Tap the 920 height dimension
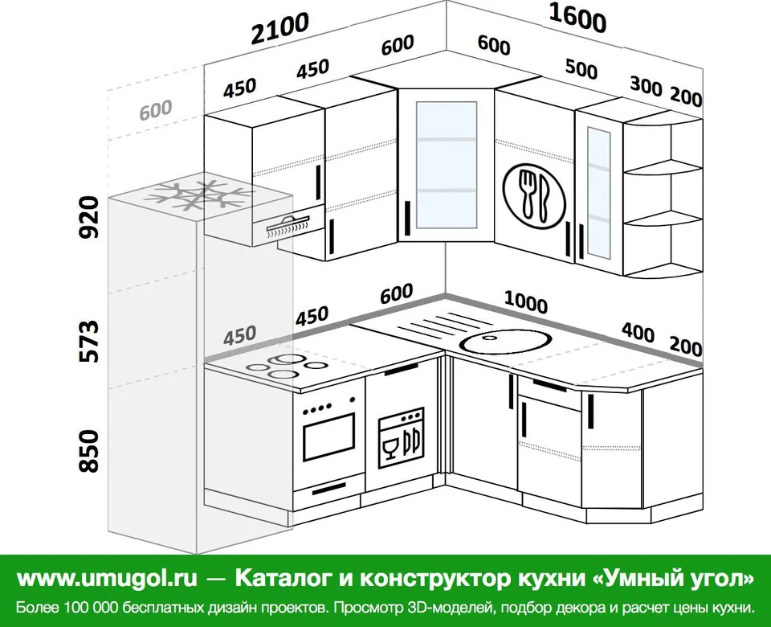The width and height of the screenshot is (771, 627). [x=90, y=217]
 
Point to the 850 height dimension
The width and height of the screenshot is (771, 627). [x=90, y=451]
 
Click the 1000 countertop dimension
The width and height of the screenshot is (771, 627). [x=525, y=301]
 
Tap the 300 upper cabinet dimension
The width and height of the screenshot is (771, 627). [x=646, y=87]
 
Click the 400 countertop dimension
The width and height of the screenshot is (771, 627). [x=638, y=332]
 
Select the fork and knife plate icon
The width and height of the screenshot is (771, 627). [x=535, y=195]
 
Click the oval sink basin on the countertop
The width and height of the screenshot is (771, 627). [x=507, y=341]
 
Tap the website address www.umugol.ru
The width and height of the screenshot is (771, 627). [x=107, y=579]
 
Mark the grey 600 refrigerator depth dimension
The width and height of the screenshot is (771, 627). [x=155, y=110]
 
